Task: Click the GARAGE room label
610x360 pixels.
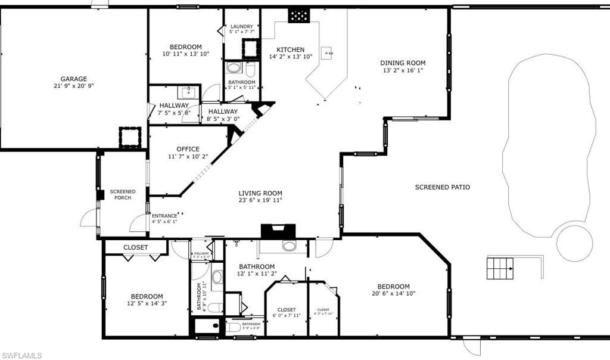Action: point(73,79)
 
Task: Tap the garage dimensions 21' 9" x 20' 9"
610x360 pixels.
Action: point(73,86)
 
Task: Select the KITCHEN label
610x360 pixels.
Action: point(291,49)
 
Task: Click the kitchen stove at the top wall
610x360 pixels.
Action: point(298,15)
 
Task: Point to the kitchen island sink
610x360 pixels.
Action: point(327,53)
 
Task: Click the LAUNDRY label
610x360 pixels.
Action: point(242,26)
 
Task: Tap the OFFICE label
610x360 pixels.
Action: point(188,149)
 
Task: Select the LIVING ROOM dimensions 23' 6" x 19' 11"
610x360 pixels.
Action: point(260,200)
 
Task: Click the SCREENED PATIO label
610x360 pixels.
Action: point(442,187)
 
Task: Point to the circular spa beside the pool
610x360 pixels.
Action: point(574,243)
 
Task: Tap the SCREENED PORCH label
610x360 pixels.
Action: point(123,194)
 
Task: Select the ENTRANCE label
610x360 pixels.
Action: point(164,216)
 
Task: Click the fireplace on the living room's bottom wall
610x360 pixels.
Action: point(278,231)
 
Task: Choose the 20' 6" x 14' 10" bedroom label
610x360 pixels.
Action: point(393,286)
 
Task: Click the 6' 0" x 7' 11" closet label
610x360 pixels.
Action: point(286,310)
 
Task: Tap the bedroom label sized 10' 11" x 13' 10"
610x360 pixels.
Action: point(185,46)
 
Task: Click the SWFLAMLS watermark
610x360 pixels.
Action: point(21,355)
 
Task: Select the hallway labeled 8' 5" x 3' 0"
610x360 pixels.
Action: point(223,111)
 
